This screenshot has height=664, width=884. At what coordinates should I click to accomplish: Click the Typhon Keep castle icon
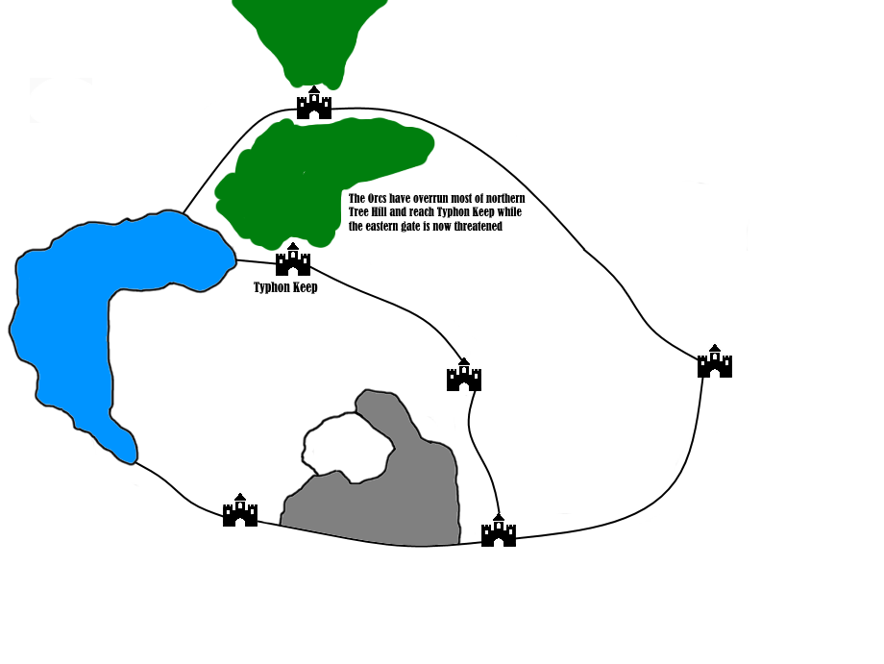pyautogui.click(x=293, y=260)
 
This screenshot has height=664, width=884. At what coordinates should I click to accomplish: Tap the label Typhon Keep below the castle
pyautogui.click(x=285, y=287)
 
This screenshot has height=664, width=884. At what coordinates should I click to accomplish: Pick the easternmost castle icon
pyautogui.click(x=715, y=362)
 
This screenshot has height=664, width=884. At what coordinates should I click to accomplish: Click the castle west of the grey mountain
pyautogui.click(x=240, y=511)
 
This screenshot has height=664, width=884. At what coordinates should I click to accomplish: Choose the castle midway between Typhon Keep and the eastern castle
pyautogui.click(x=464, y=376)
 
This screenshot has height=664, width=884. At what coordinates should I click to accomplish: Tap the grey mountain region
pyautogui.click(x=423, y=500)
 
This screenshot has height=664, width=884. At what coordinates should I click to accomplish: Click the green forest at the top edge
pyautogui.click(x=307, y=34)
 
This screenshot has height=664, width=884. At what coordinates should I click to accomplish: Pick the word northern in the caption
pyautogui.click(x=500, y=199)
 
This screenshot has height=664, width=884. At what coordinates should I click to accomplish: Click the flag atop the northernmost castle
pyautogui.click(x=314, y=89)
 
